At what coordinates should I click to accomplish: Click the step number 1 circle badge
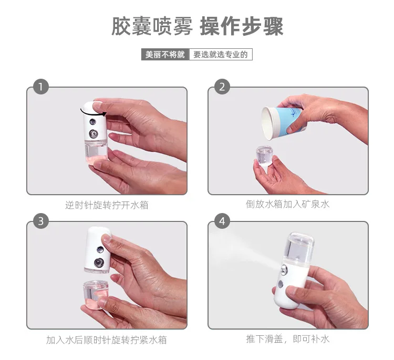coord(41,87)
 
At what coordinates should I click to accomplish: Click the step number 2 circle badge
coord(222,87)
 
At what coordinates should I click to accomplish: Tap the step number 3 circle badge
coord(41,221)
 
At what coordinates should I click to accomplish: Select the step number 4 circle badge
coord(222,221)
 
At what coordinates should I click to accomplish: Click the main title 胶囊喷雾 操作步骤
coord(197,26)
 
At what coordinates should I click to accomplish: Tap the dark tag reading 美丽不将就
coord(165,54)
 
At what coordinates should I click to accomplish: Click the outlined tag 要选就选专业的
coord(220,54)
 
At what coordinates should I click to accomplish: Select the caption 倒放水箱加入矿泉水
coord(287,204)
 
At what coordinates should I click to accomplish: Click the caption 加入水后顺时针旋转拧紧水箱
coord(107,340)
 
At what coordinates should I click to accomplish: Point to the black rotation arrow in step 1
coord(92,110)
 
